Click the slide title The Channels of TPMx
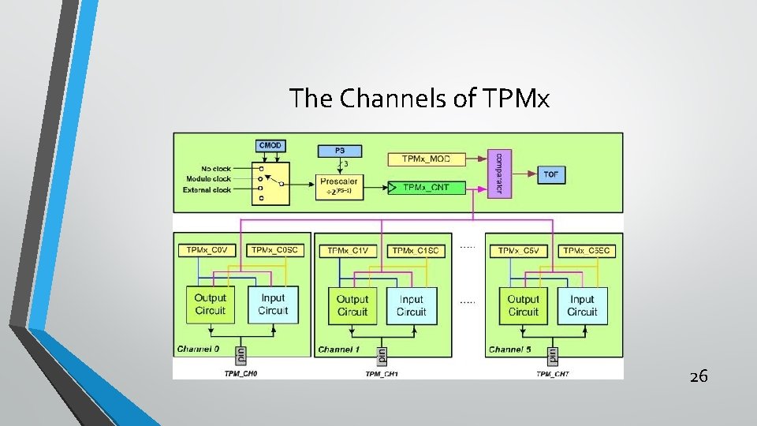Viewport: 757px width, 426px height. (x=419, y=99)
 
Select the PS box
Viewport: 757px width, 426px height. (x=340, y=149)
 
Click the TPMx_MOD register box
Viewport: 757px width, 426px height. (x=426, y=159)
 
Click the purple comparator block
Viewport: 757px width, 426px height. (x=498, y=174)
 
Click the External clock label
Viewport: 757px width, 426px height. (x=206, y=190)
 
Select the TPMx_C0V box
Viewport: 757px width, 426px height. (x=207, y=250)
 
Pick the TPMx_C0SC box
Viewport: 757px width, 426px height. (x=273, y=250)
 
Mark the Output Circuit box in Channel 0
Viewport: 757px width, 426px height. (x=210, y=305)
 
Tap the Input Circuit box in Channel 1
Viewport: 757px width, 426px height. (x=412, y=305)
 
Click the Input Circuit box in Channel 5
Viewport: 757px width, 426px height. (x=582, y=305)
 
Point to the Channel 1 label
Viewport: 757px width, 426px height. (x=339, y=349)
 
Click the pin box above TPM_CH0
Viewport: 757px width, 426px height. (x=241, y=354)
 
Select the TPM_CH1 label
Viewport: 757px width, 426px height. (x=382, y=374)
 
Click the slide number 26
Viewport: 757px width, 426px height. (x=699, y=376)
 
